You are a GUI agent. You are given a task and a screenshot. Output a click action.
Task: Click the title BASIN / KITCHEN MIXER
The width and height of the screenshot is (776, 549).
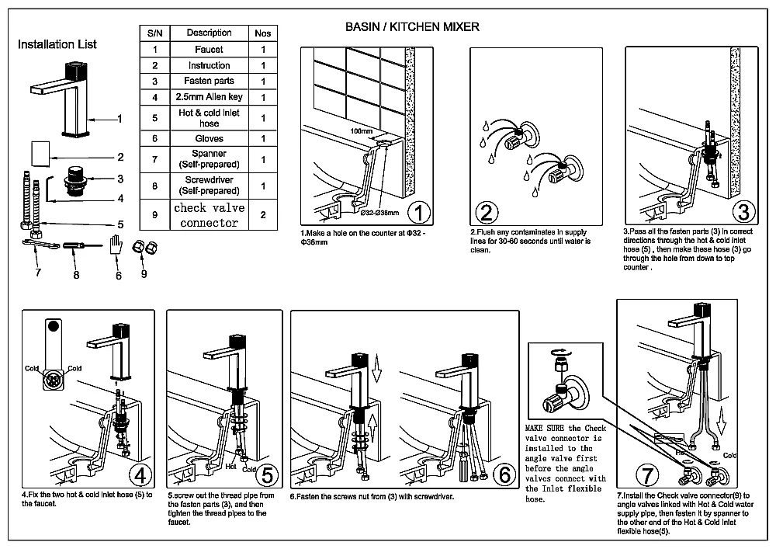(x=412, y=27)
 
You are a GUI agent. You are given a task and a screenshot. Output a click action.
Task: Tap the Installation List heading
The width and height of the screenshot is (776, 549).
(x=57, y=44)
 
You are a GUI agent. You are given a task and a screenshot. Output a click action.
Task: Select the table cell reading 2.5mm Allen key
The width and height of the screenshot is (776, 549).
(x=209, y=97)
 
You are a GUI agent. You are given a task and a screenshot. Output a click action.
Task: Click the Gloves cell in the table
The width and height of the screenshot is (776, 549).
(x=209, y=138)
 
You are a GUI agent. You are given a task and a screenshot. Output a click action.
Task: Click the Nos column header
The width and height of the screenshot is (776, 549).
(x=263, y=33)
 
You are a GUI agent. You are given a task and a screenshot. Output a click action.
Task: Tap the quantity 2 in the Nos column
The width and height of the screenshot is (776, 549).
(x=263, y=215)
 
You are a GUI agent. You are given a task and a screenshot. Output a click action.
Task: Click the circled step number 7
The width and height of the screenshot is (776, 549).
(x=646, y=473)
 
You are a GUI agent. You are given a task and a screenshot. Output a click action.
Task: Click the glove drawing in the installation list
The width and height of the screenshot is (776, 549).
(x=116, y=248)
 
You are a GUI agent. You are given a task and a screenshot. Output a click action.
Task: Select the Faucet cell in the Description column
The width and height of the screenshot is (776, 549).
(x=209, y=50)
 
